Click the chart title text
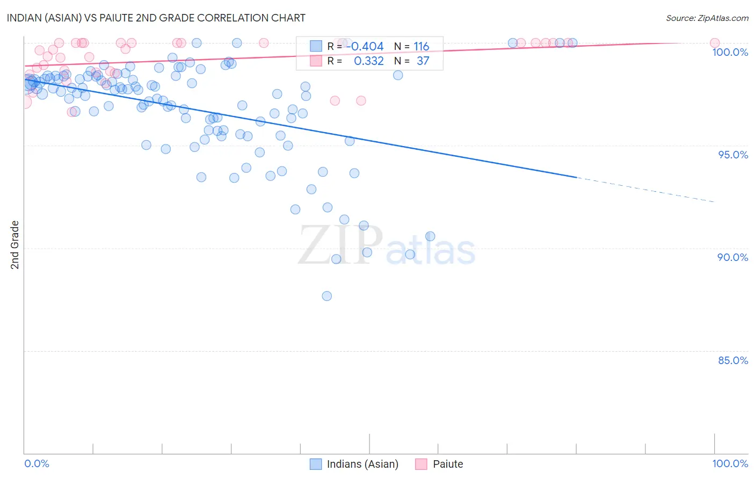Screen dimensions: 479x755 tap(156, 18)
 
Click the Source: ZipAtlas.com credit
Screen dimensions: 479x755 tap(707, 18)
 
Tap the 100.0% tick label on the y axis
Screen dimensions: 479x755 tap(730, 52)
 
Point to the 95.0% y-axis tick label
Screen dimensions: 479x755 tap(733, 155)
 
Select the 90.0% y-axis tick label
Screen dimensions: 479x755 tap(733, 257)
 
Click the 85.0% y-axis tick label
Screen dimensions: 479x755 tap(733, 360)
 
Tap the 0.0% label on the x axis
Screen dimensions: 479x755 tap(37, 463)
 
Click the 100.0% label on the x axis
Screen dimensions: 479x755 tap(730, 463)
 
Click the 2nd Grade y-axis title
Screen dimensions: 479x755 tap(15, 245)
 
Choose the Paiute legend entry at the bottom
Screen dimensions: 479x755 tap(447, 464)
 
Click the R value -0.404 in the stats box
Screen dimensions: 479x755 tap(365, 46)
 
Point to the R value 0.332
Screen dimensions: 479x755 tap(369, 61)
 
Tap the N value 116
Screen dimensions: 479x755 tap(422, 46)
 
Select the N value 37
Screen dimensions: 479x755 tap(423, 61)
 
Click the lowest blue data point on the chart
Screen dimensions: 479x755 tap(326, 296)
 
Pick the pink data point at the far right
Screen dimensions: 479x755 tap(715, 43)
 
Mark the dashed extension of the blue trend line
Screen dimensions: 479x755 tap(644, 189)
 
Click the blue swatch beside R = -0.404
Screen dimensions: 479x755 tap(316, 46)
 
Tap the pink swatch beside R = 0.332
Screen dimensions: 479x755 tap(316, 61)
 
